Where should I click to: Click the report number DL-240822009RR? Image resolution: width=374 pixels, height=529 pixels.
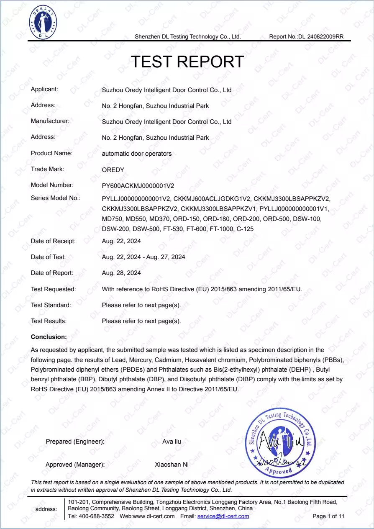[x=320, y=37]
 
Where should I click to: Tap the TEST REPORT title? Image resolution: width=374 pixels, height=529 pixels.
[x=187, y=62]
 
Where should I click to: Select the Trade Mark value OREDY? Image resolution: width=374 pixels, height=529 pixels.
[x=113, y=169]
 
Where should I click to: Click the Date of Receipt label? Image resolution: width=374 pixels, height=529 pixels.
[x=53, y=241]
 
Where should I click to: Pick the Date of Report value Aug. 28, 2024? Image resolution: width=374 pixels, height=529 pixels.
[x=121, y=273]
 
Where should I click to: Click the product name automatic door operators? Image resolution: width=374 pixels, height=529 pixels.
[x=137, y=154]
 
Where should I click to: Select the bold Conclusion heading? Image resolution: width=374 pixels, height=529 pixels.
[x=49, y=337]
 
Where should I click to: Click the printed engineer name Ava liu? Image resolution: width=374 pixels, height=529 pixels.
[x=172, y=442]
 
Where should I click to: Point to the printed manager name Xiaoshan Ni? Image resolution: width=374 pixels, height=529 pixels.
[x=172, y=465]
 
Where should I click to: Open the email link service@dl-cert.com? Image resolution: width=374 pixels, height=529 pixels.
[x=223, y=516]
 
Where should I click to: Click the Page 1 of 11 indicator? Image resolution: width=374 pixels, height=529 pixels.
[x=328, y=516]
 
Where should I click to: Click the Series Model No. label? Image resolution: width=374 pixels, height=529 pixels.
[x=56, y=198]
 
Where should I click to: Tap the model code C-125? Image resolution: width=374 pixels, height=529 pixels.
[x=245, y=229]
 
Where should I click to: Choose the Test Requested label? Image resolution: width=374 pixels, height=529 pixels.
[x=54, y=289]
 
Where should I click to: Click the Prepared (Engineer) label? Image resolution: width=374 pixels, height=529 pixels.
[x=75, y=442]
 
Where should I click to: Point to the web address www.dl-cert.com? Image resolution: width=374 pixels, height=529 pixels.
[x=153, y=516]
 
